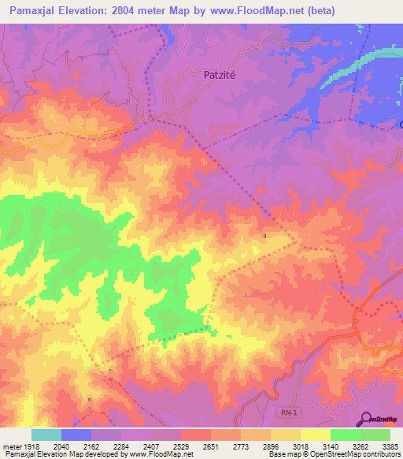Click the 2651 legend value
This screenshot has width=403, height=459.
209,446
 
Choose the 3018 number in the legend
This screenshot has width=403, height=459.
300,446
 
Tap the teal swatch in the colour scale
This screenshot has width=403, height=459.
46,435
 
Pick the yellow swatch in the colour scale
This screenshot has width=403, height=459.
315,435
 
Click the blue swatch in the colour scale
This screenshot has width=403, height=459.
76,435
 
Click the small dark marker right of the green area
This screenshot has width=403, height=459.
265,236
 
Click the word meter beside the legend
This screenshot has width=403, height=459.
9,446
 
